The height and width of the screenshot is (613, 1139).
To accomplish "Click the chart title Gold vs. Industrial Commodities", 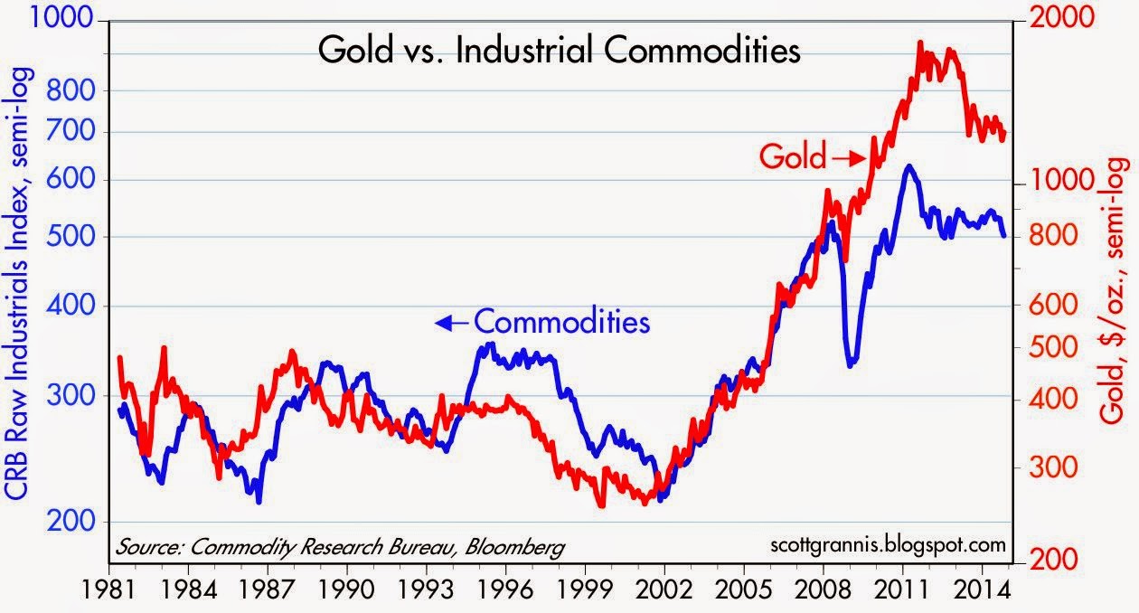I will click(x=559, y=51).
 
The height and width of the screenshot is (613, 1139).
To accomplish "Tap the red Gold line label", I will click(x=793, y=157).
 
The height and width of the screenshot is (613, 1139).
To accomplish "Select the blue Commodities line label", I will click(x=561, y=321).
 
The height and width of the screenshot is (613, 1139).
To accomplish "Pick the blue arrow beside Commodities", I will click(x=451, y=323).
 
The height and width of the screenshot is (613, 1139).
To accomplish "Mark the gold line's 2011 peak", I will click(x=919, y=42).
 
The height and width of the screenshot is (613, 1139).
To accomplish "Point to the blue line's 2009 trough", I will click(x=851, y=364).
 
